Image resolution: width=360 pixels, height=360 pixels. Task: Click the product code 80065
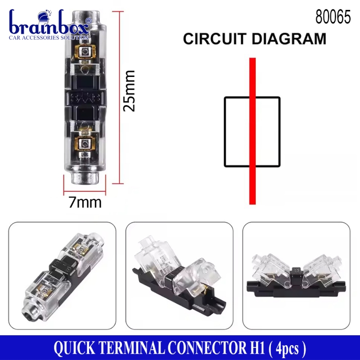[333, 18]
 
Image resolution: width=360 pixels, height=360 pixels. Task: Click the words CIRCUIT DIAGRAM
[254, 39]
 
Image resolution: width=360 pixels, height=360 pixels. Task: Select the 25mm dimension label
[130, 91]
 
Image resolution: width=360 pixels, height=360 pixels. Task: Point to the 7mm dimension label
[85, 202]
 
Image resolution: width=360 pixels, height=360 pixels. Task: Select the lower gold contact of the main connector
[84, 144]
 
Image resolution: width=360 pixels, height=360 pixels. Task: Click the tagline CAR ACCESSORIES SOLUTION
[50, 38]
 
